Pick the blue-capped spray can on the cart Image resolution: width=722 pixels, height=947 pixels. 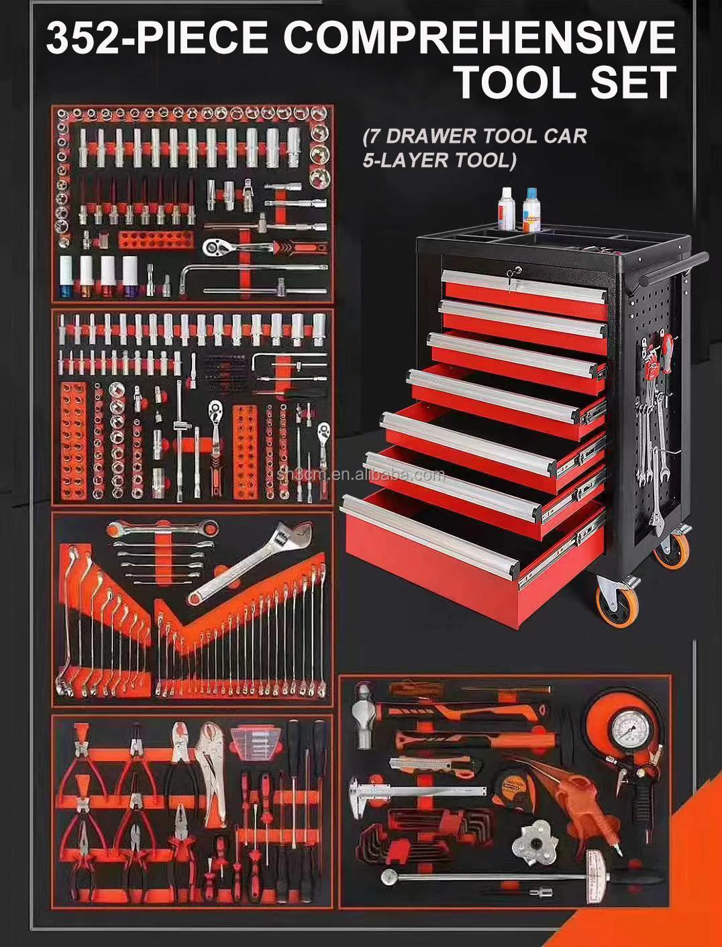531,209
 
